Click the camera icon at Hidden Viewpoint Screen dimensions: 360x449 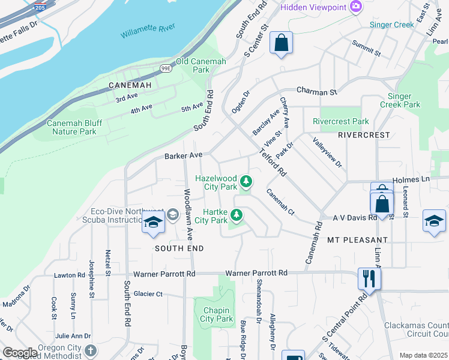coord(356,7)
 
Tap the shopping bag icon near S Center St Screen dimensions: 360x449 coord(281,43)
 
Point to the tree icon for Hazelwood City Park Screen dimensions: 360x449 coord(246,181)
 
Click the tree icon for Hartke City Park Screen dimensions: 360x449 coord(237,214)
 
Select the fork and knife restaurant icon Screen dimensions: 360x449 coord(369,278)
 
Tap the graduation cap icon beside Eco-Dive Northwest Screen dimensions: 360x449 coord(153,222)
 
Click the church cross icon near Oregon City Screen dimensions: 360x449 coord(91,350)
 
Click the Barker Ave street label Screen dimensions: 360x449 coord(183,155)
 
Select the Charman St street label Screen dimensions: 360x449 coord(317,93)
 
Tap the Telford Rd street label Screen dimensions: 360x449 coord(273,162)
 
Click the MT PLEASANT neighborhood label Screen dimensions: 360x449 coord(358,239)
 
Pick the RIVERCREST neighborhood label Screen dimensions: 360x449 coord(364,135)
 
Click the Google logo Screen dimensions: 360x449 coord(20,353)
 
